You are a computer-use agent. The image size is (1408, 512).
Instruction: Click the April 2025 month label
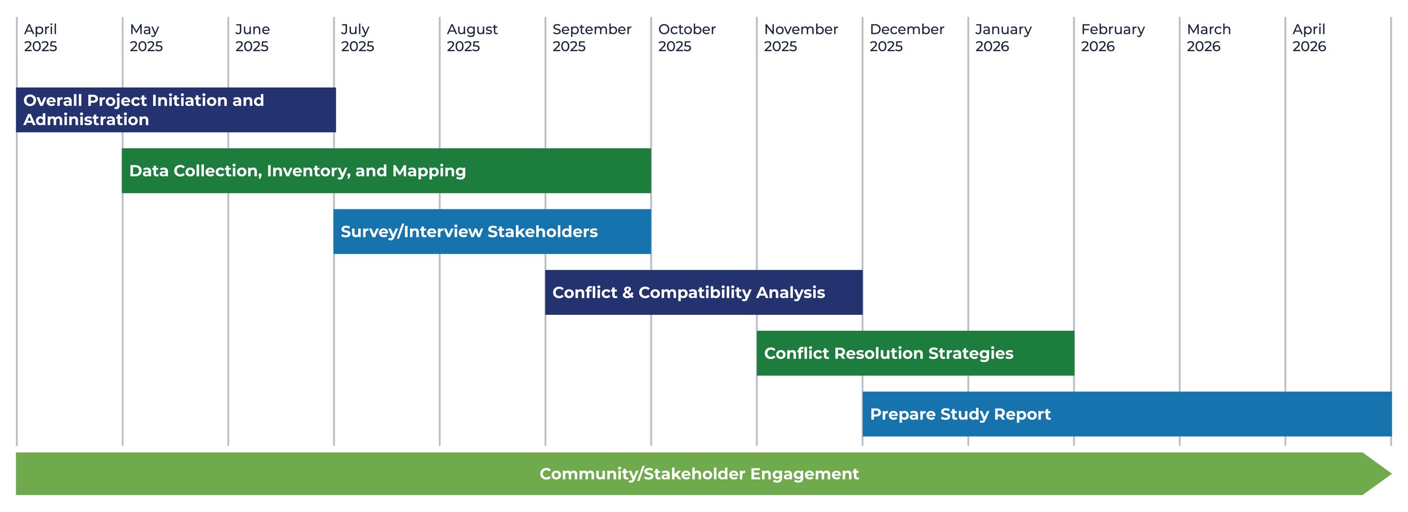41,38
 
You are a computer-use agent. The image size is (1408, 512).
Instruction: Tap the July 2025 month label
358,38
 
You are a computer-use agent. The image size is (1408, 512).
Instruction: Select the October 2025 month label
687,38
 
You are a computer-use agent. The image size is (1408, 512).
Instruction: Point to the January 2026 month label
1003,38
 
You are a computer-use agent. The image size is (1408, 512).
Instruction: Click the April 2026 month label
1309,38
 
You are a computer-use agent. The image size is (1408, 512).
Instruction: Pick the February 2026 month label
1112,38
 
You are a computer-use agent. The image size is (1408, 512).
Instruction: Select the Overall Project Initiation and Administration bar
176,110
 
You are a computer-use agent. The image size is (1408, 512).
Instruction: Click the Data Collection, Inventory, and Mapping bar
386,171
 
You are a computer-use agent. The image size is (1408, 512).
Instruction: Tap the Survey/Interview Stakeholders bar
492,231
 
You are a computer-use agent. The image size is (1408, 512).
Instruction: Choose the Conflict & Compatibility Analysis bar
704,292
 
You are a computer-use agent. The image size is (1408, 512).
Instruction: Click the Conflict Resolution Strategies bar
915,353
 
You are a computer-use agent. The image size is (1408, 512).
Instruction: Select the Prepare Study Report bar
1127,414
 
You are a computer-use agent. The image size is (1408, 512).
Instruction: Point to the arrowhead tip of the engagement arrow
1392,474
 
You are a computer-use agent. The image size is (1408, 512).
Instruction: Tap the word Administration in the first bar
86,119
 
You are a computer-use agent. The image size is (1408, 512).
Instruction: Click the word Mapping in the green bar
429,171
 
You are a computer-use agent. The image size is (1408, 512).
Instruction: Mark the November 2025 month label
800,38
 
